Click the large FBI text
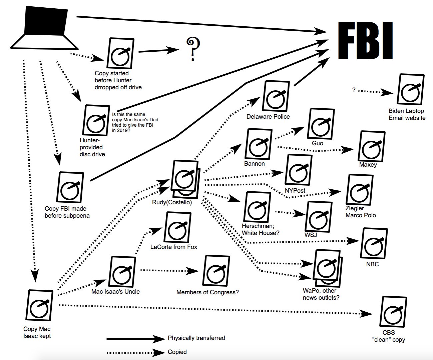(x=365, y=41)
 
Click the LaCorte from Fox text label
(x=174, y=247)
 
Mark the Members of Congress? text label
(x=207, y=292)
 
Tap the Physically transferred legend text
(x=196, y=338)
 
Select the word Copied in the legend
(x=177, y=352)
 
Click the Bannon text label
(x=254, y=164)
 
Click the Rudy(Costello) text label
(x=172, y=202)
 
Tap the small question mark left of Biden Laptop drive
(x=354, y=90)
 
